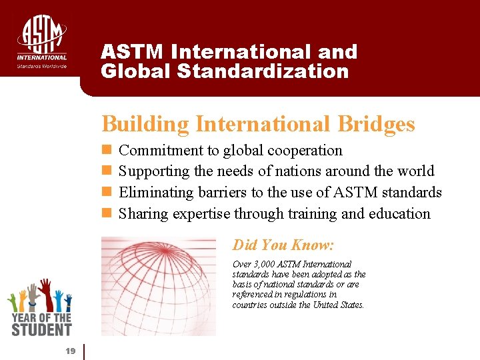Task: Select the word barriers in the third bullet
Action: point(221,193)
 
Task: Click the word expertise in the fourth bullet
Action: point(201,213)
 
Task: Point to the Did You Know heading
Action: point(283,245)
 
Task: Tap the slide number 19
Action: point(70,351)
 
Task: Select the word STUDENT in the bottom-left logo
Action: point(41,329)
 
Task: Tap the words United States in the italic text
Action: point(341,305)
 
